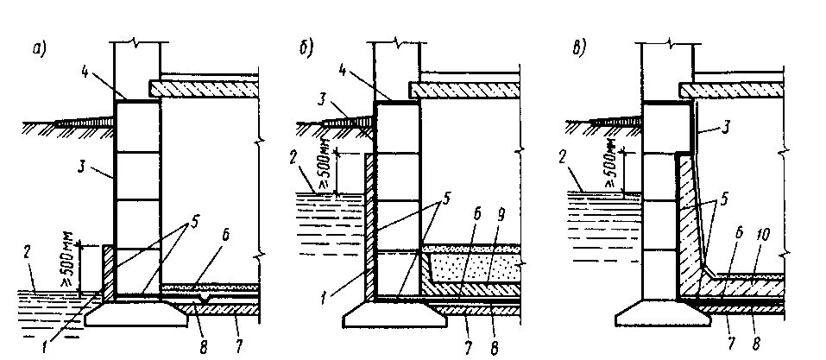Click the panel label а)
point(39,51)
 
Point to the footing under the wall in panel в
point(665,318)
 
